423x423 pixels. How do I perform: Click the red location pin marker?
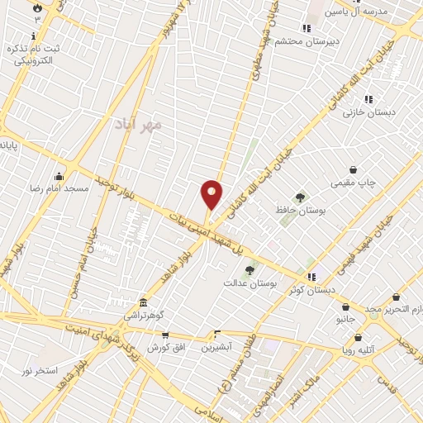click(x=211, y=193)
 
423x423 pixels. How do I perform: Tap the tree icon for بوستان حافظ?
click(x=299, y=197)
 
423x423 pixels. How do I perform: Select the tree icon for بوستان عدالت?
click(x=250, y=269)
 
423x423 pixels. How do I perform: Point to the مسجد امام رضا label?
click(x=59, y=189)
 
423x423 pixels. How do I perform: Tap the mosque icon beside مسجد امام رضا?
click(x=59, y=176)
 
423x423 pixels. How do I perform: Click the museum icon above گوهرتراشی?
click(x=144, y=302)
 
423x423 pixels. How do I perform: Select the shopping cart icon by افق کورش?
click(x=166, y=335)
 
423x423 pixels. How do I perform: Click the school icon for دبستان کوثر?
click(x=311, y=276)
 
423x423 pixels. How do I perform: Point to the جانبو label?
click(x=345, y=317)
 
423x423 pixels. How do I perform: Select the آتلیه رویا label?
click(x=359, y=349)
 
